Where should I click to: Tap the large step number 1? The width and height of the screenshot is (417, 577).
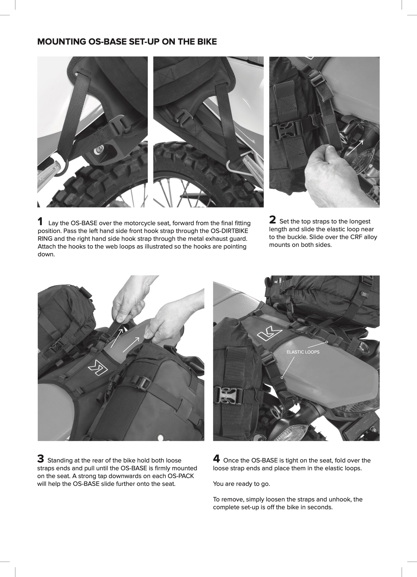[x=40, y=222]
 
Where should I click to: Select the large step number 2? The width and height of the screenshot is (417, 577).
[x=272, y=220]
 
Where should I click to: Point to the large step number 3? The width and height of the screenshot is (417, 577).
[x=41, y=459]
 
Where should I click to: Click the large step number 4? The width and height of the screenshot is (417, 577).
[x=216, y=459]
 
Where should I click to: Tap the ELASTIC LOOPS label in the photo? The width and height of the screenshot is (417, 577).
[x=303, y=352]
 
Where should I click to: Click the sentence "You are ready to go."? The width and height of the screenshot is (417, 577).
[x=241, y=484]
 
